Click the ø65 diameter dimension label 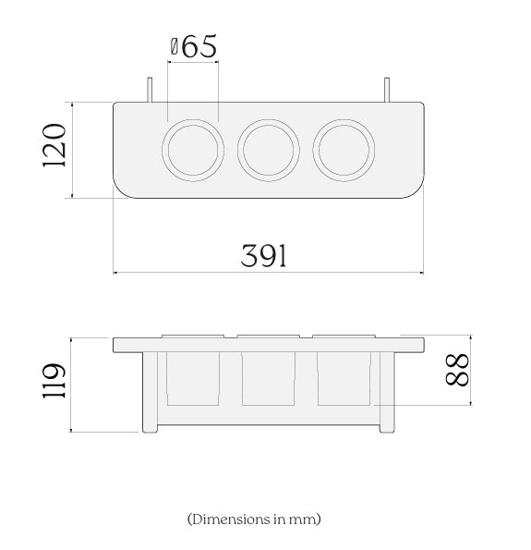(194, 46)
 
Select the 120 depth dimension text (54, 145)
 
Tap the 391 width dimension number (263, 256)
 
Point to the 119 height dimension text (54, 381)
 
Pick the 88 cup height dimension (457, 370)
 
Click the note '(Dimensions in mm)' (254, 519)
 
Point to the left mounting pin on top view (150, 90)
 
